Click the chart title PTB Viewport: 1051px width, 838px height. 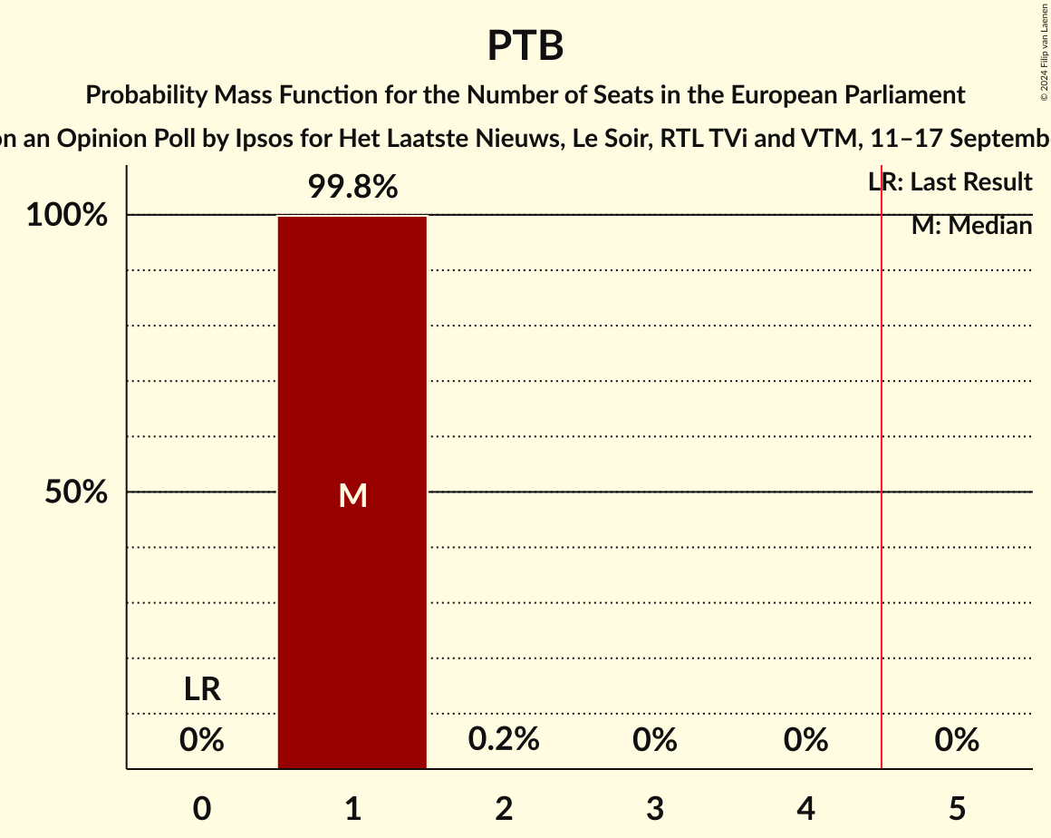coord(525,45)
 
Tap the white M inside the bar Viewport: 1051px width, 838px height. coord(352,495)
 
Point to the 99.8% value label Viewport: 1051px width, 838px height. coord(352,187)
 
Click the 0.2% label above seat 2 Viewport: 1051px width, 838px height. coord(504,739)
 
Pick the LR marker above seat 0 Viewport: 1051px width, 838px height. coord(202,689)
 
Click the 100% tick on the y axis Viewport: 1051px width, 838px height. coord(67,216)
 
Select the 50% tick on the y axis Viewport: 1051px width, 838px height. coord(76,492)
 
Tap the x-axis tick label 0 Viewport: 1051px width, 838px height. coord(202,808)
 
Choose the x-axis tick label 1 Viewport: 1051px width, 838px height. coord(352,808)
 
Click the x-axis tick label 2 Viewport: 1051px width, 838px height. coord(504,808)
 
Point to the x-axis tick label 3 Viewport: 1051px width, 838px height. coord(655,808)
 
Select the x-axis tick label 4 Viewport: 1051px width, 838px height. coord(806,808)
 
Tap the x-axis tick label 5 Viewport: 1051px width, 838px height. coord(957,808)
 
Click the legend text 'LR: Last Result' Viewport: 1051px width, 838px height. coord(950,182)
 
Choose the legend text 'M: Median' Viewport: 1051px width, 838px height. coord(971,226)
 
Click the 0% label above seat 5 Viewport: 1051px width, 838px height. coord(957,740)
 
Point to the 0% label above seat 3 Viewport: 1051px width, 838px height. coord(655,740)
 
